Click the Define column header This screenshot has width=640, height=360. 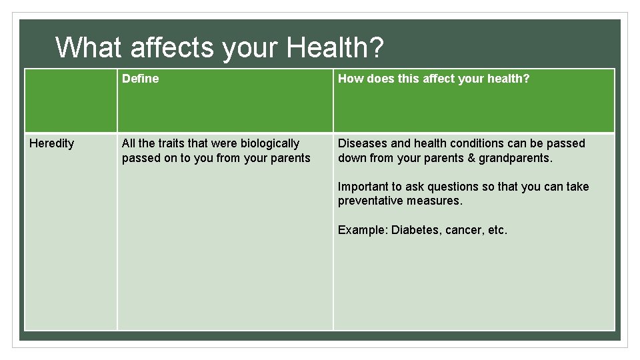(140, 79)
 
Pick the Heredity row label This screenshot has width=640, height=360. (52, 143)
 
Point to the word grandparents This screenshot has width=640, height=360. (515, 158)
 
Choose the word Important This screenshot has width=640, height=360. (363, 187)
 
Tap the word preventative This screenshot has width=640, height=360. (366, 201)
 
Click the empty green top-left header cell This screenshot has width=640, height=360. (71, 100)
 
